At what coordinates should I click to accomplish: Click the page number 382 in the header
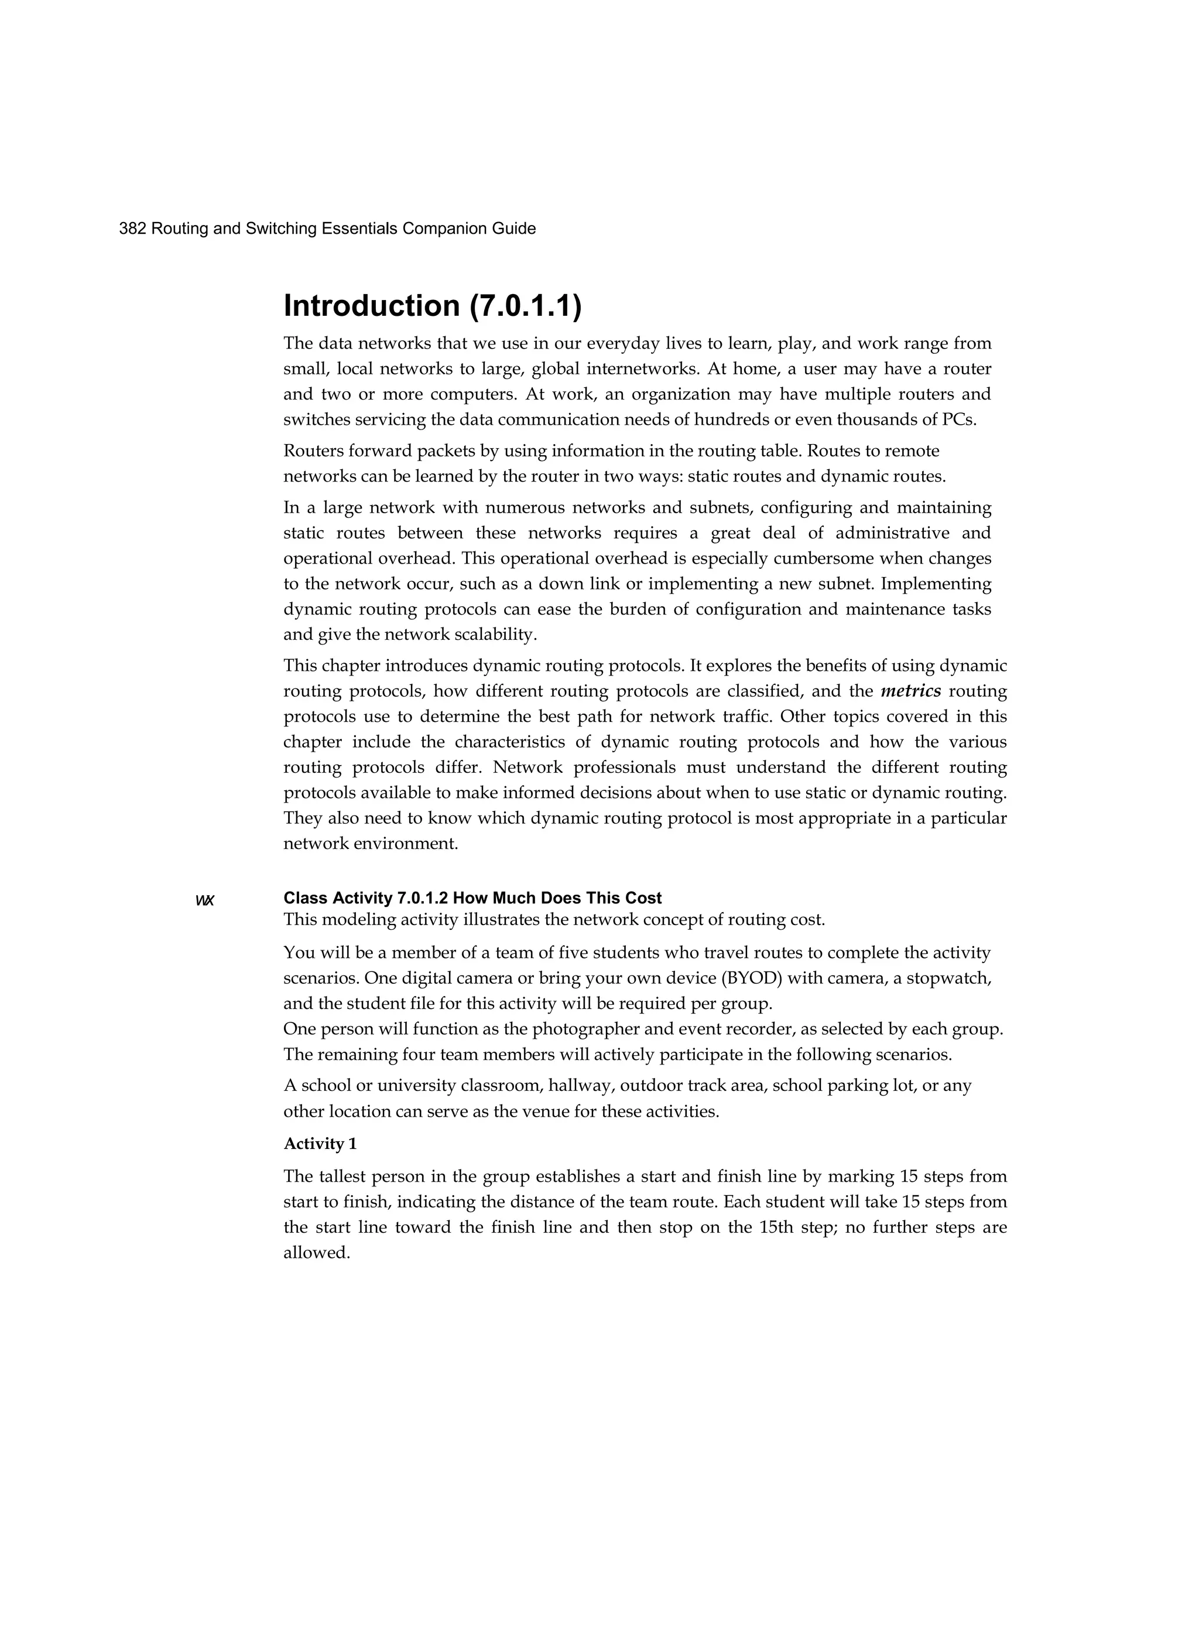click(x=132, y=228)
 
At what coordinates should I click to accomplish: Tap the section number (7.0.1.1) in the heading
click(x=526, y=306)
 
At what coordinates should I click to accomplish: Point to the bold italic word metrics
click(x=910, y=691)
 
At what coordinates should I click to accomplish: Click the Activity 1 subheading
click(x=320, y=1144)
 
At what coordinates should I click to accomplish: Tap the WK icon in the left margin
click(x=205, y=900)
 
